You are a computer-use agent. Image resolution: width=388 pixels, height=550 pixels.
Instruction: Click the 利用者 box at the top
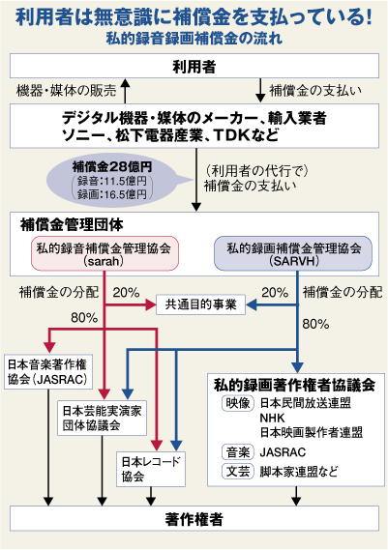click(194, 66)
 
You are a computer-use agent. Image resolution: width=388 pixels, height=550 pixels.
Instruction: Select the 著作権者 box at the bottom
click(194, 518)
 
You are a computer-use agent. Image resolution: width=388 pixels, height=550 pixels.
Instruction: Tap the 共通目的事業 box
click(200, 304)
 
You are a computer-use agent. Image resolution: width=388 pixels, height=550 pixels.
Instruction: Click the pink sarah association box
click(104, 253)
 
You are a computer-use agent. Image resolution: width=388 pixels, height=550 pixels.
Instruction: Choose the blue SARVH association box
click(293, 253)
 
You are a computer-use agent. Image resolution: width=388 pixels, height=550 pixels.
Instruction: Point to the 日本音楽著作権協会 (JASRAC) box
click(48, 372)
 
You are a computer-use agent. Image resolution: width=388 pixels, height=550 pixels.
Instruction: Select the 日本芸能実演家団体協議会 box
click(102, 418)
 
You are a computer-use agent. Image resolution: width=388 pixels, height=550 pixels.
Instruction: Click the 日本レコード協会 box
click(151, 469)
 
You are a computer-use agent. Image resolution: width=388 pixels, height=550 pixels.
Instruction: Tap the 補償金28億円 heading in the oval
click(112, 166)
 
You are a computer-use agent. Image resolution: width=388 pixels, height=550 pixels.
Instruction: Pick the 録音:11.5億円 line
click(112, 181)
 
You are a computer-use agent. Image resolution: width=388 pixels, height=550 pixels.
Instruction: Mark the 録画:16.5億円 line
click(112, 193)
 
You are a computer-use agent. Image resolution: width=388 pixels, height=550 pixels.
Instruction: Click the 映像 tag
click(238, 403)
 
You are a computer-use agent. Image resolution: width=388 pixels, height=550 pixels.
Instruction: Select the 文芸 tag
click(238, 471)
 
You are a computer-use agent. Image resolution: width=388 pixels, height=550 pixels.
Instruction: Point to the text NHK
click(272, 419)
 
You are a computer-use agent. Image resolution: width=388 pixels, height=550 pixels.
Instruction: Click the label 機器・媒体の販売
click(67, 91)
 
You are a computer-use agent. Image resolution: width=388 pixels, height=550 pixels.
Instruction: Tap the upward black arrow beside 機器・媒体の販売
click(125, 91)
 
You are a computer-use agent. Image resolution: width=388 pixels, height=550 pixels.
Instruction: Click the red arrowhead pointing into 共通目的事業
click(151, 305)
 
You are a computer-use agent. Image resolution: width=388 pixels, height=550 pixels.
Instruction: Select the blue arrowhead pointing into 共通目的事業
click(251, 305)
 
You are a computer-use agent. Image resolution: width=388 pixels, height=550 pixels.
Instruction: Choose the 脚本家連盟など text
click(299, 471)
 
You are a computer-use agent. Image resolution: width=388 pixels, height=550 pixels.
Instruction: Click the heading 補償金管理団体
click(72, 224)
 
